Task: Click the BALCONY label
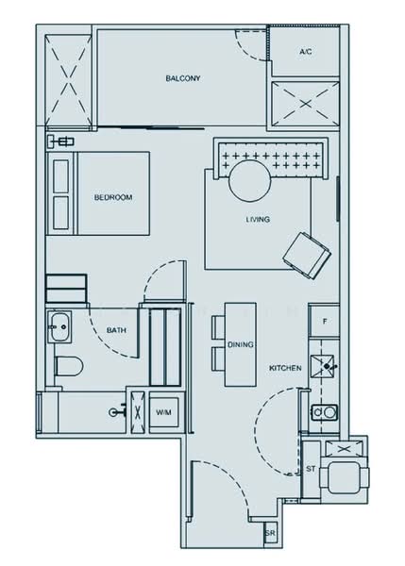tap(182, 78)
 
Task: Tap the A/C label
tap(305, 52)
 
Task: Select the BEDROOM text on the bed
tap(112, 197)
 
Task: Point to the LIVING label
tap(258, 219)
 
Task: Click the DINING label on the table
tap(240, 345)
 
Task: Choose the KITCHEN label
tap(285, 368)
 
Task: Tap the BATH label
tap(116, 330)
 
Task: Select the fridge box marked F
tap(325, 323)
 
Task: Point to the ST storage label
tap(311, 468)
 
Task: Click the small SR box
tap(271, 534)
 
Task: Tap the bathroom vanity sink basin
tap(58, 329)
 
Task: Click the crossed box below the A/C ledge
tap(301, 103)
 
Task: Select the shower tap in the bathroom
tap(117, 411)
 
